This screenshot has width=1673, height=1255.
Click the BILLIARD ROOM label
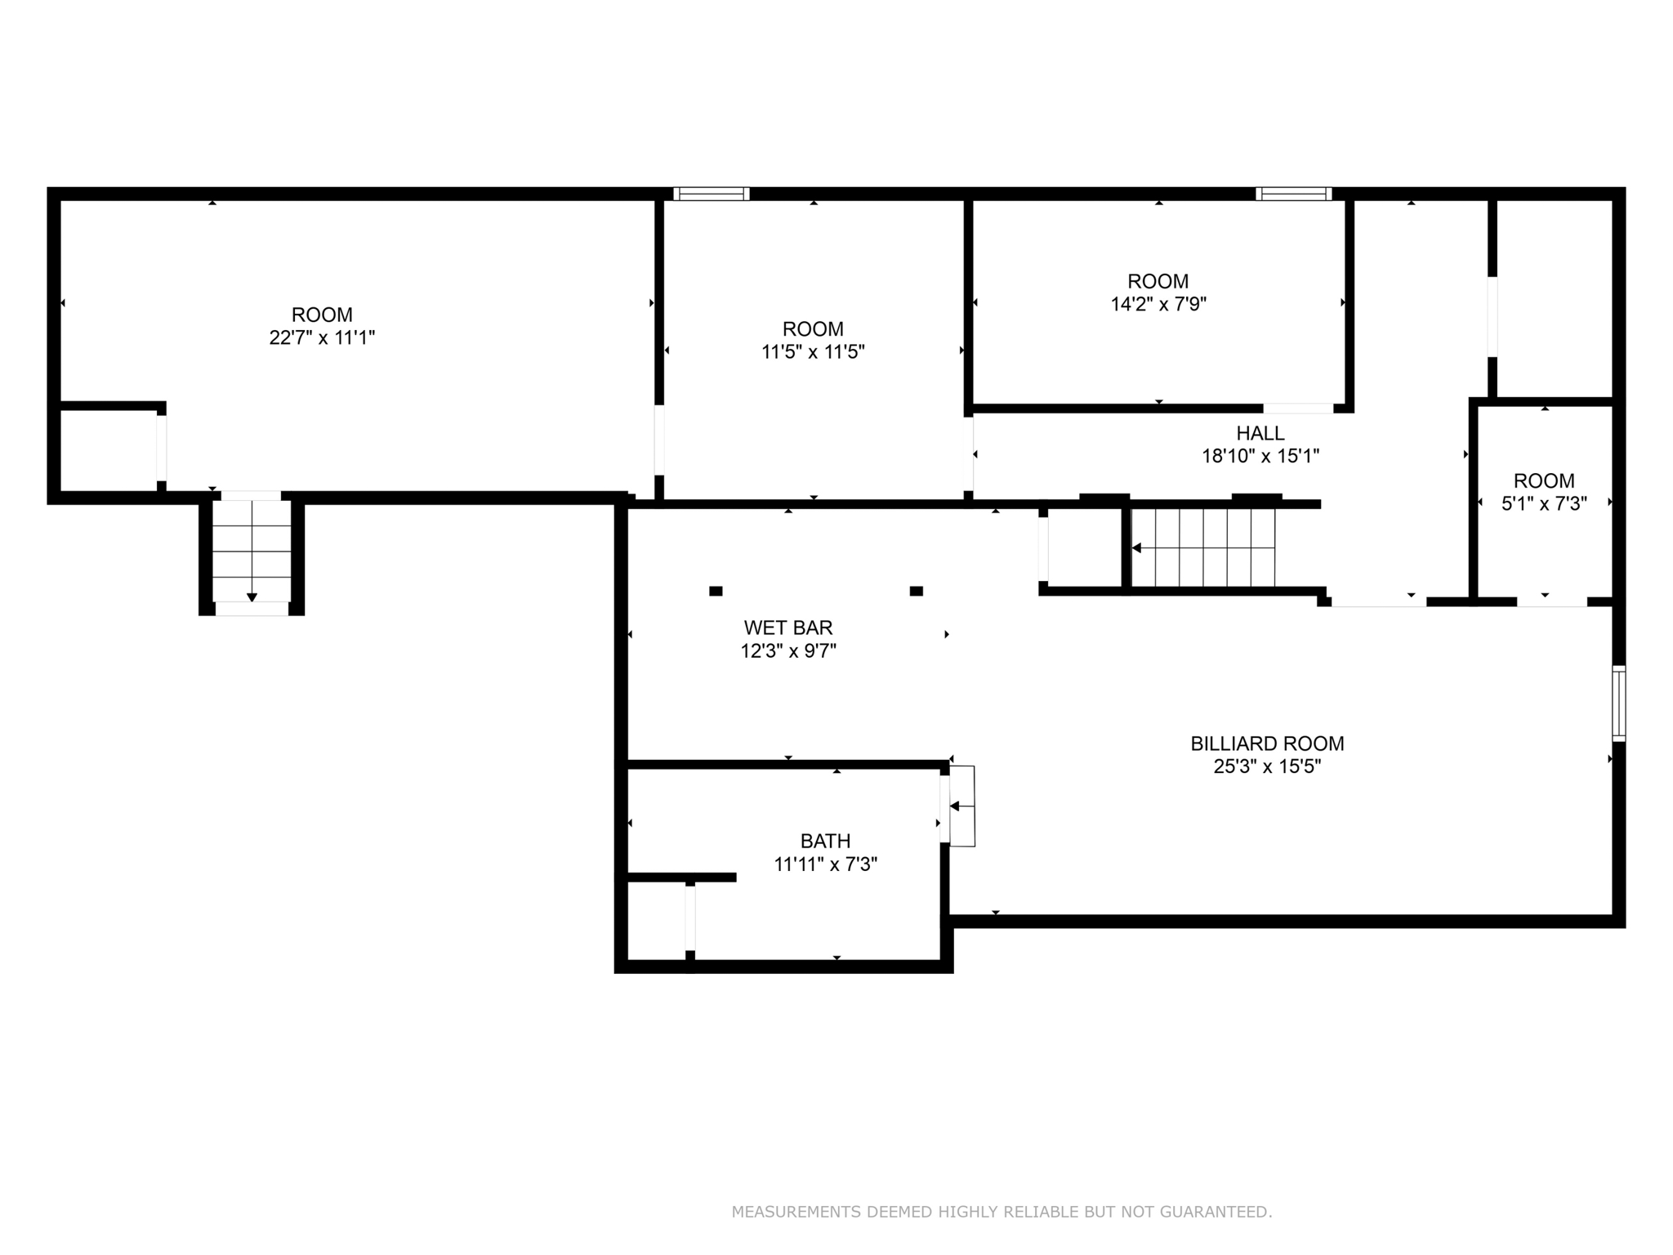pyautogui.click(x=1267, y=744)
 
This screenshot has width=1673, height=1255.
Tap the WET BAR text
pyautogui.click(x=788, y=627)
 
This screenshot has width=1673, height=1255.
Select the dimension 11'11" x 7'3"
pyautogui.click(x=825, y=864)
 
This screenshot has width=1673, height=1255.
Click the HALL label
pyautogui.click(x=1260, y=433)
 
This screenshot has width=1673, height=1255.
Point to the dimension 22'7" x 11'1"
pyautogui.click(x=322, y=337)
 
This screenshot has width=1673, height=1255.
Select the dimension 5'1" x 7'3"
pyautogui.click(x=1544, y=504)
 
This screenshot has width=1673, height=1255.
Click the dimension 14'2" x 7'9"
pyautogui.click(x=1158, y=305)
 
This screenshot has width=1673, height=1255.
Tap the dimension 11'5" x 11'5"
pyautogui.click(x=813, y=352)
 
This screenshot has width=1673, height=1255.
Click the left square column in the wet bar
pyautogui.click(x=716, y=591)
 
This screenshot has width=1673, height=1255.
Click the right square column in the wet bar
pyautogui.click(x=917, y=591)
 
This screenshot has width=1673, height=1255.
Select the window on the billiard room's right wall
pyautogui.click(x=1618, y=703)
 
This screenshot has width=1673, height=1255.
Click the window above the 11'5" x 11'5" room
pyautogui.click(x=712, y=194)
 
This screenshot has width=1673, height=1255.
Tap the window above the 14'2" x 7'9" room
pyautogui.click(x=1294, y=194)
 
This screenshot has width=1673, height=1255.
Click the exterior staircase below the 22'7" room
pyautogui.click(x=252, y=552)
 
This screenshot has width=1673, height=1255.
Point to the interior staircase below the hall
pyautogui.click(x=1203, y=547)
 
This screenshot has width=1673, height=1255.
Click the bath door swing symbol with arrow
pyautogui.click(x=961, y=806)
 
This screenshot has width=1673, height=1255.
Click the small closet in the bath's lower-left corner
pyautogui.click(x=656, y=919)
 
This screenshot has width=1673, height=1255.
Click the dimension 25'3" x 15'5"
pyautogui.click(x=1267, y=766)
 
